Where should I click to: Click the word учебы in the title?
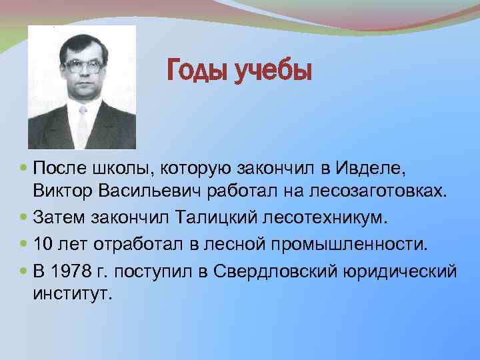point(273,69)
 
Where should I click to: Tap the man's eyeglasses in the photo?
point(83,66)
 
